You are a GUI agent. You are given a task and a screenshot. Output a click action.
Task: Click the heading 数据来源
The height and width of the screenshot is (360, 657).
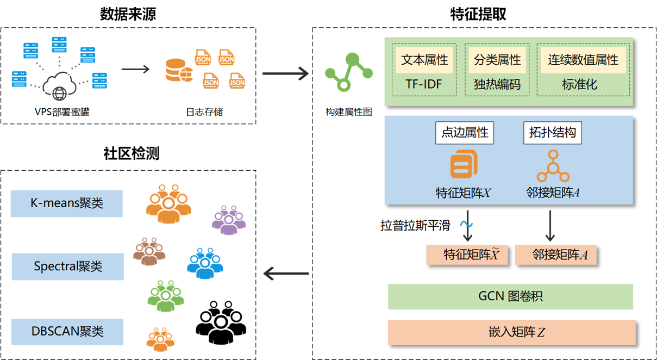tap(128, 14)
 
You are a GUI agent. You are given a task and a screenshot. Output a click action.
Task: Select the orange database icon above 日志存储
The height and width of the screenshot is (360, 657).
tap(179, 71)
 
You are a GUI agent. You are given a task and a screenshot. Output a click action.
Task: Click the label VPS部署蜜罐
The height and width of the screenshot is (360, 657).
tap(59, 112)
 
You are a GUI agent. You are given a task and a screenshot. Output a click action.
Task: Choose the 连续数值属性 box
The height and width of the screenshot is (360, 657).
tap(583, 59)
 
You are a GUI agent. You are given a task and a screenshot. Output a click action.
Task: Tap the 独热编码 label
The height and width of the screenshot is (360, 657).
tap(497, 84)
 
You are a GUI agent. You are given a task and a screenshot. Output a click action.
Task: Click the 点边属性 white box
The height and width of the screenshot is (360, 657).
tap(465, 132)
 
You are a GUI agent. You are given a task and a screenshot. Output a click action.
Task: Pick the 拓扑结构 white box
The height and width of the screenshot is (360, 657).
tap(553, 132)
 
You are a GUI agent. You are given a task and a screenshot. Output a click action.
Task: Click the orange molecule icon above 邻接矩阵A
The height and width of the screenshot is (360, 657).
tap(553, 166)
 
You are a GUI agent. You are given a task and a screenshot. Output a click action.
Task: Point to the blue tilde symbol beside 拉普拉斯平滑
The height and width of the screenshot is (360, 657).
tap(466, 224)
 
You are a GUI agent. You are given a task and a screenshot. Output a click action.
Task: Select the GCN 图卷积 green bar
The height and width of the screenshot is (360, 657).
tap(510, 296)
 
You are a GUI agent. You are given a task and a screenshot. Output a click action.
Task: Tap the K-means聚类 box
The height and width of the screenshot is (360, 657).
tap(67, 203)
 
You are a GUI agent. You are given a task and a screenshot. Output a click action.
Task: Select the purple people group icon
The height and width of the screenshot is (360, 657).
tap(229, 220)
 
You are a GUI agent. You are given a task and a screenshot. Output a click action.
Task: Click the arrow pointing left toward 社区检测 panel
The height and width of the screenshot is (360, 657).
tap(286, 274)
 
